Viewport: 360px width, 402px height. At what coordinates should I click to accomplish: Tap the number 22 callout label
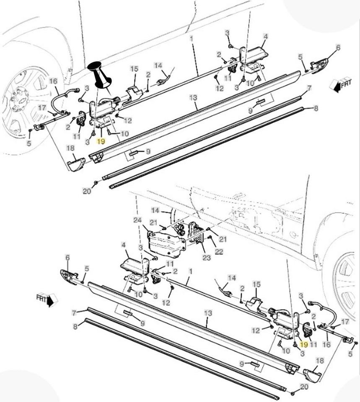[218, 251]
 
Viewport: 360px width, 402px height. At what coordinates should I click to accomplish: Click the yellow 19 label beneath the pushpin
[101, 142]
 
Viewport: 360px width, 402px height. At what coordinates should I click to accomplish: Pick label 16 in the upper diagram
[53, 81]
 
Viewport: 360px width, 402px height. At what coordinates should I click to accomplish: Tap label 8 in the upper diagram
[316, 108]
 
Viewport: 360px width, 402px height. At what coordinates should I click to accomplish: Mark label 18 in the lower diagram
[319, 361]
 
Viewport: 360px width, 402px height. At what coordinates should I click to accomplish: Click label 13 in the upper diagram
[193, 97]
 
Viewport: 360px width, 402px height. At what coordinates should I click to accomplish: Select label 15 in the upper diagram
[134, 69]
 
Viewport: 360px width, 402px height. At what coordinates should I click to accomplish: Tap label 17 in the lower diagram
[345, 322]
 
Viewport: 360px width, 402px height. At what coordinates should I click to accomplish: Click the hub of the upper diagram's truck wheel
[22, 100]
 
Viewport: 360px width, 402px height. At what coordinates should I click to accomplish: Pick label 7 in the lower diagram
[74, 313]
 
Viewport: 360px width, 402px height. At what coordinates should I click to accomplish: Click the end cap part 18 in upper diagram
[76, 164]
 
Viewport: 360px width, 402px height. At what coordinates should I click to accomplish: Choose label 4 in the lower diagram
[124, 245]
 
